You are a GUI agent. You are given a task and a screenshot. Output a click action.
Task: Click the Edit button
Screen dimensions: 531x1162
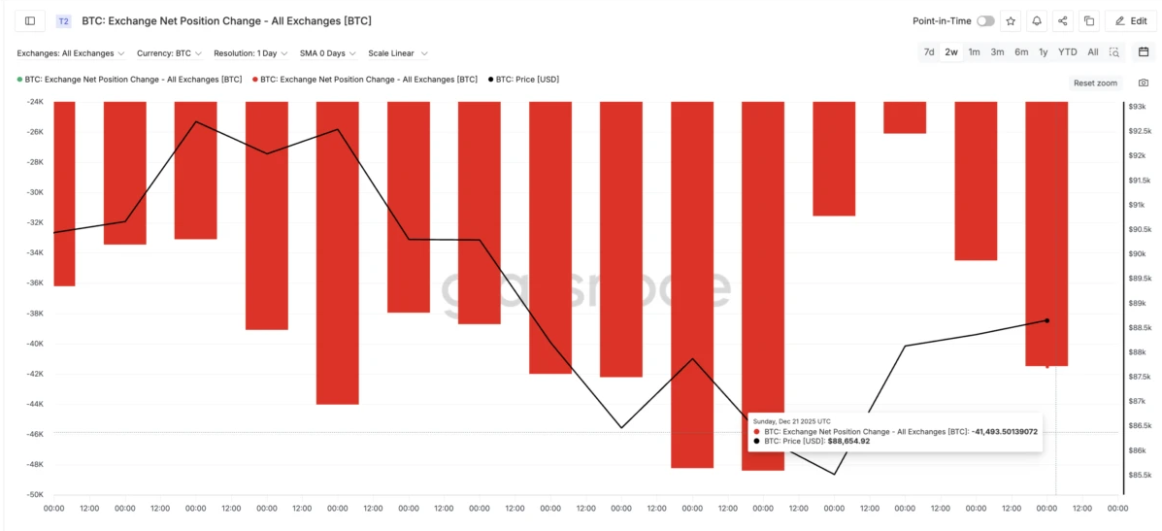coord(1130,20)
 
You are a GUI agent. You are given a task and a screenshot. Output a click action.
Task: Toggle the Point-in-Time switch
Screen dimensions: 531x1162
coord(985,20)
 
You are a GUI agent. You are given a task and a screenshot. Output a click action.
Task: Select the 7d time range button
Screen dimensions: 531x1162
coord(929,52)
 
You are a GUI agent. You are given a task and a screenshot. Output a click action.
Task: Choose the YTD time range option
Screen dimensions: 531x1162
coord(1067,52)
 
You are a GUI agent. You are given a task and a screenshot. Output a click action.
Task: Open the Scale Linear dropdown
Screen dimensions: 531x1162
coord(397,53)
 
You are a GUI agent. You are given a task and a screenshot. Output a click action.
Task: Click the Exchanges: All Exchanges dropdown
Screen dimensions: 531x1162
coord(70,53)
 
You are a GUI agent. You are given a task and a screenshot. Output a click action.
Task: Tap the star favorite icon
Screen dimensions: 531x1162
coord(1012,20)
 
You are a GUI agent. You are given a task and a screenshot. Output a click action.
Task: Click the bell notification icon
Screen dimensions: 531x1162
coord(1037,20)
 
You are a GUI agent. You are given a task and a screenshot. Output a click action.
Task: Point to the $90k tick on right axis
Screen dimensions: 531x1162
coord(1137,254)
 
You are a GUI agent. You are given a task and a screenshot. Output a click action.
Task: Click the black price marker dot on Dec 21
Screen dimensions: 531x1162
coord(1046,320)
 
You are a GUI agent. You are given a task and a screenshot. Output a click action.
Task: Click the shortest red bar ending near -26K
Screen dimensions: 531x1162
coord(904,117)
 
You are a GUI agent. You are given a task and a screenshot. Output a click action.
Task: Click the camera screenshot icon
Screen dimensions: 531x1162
coord(1144,83)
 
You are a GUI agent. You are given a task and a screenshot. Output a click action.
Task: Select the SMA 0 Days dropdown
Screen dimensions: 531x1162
coord(327,53)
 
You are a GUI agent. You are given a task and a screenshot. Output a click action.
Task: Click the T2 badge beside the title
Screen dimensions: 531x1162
coord(64,20)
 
